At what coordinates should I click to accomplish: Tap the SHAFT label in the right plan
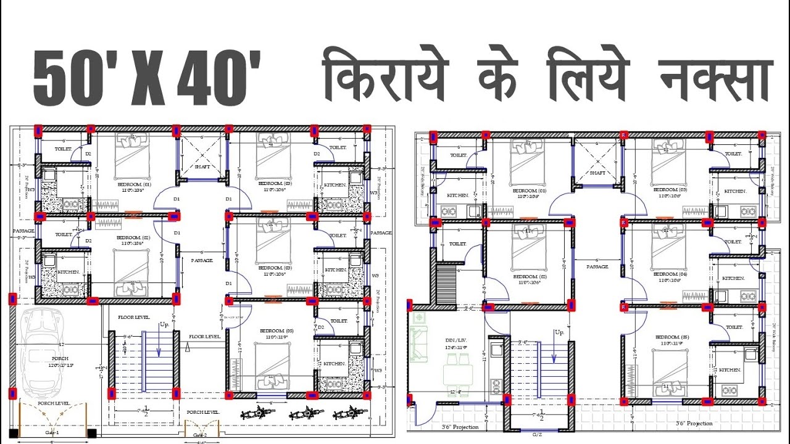pos(597,173)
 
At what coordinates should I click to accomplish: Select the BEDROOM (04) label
pos(666,274)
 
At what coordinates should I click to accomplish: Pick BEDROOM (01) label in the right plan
pos(530,191)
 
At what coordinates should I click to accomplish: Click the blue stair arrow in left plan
pos(159,347)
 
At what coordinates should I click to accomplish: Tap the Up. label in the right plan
pos(559,332)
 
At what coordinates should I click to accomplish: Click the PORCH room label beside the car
pos(60,358)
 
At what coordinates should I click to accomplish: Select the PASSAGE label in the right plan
pos(597,267)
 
